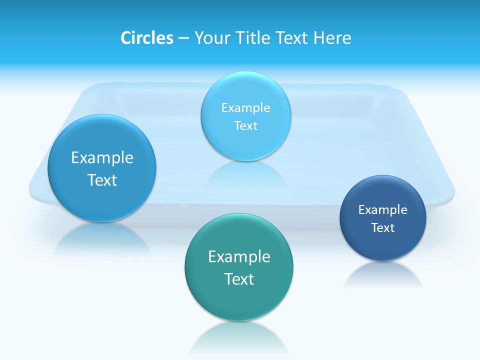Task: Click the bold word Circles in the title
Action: click(x=146, y=38)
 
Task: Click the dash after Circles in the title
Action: click(x=183, y=38)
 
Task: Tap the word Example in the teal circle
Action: click(x=239, y=256)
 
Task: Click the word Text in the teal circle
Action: click(x=239, y=279)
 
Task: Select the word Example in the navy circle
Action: click(x=382, y=210)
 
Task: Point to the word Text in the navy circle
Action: click(x=382, y=228)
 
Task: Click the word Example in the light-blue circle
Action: click(x=246, y=107)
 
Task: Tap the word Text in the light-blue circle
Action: click(x=246, y=125)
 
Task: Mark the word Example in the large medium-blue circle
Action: click(x=102, y=158)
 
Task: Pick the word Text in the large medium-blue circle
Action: click(x=102, y=180)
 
